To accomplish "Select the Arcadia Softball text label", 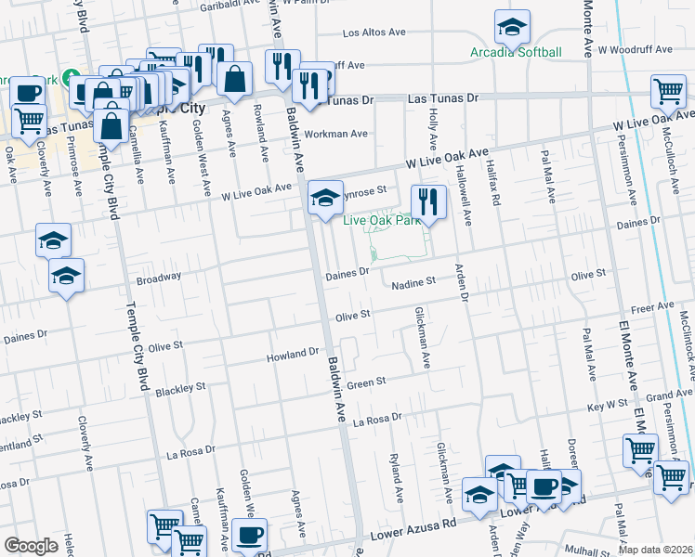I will (516, 52).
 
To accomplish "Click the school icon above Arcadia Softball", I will (511, 29).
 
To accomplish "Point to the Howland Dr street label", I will (293, 355).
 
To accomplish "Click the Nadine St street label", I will (413, 282).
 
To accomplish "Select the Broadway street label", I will (159, 278).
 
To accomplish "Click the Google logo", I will (31, 545).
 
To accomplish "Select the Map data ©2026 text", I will (656, 550).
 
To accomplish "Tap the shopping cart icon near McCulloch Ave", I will (668, 92).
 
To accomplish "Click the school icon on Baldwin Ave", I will (325, 197).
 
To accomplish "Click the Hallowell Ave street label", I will (468, 203).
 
